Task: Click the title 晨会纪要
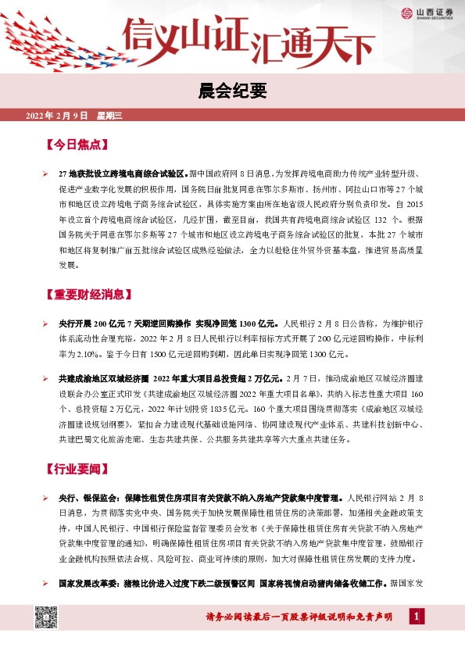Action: [232, 91]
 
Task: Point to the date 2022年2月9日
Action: [59, 116]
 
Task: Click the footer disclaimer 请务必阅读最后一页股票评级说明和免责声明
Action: [299, 617]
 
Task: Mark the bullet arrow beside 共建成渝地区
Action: [45, 379]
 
